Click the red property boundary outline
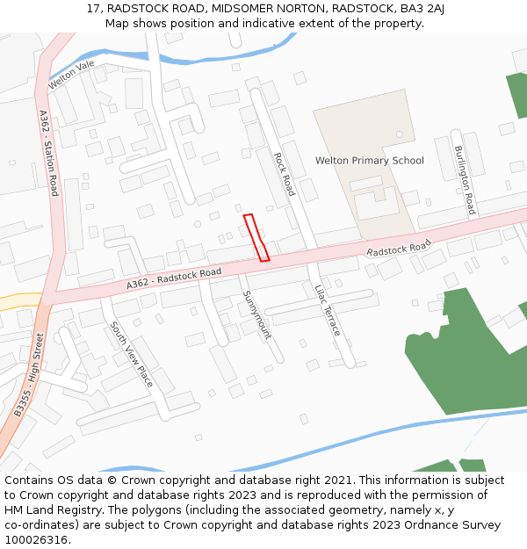[256, 237]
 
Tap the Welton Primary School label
[369, 161]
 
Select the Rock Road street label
[285, 174]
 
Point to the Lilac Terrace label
[327, 310]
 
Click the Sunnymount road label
[256, 314]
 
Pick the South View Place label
[131, 354]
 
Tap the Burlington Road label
[465, 180]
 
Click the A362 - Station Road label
[48, 152]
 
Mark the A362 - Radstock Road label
[173, 278]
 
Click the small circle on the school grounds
[399, 134]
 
